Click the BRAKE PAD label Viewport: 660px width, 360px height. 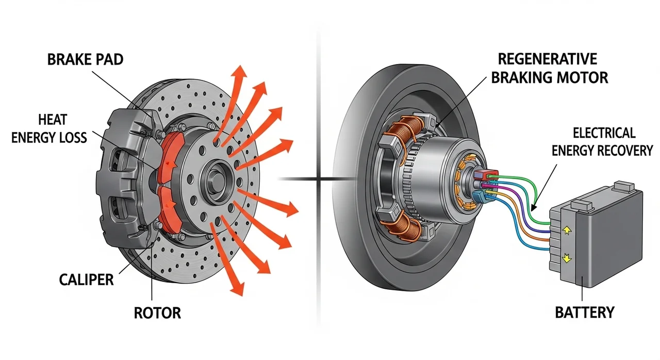click(x=85, y=59)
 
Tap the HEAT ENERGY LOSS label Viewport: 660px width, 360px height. click(x=52, y=128)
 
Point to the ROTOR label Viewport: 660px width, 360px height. click(x=157, y=312)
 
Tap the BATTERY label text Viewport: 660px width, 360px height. click(x=584, y=312)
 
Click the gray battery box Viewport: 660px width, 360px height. click(x=611, y=237)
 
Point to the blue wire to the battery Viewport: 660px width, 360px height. click(x=510, y=217)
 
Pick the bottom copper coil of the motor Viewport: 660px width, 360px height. click(x=407, y=232)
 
